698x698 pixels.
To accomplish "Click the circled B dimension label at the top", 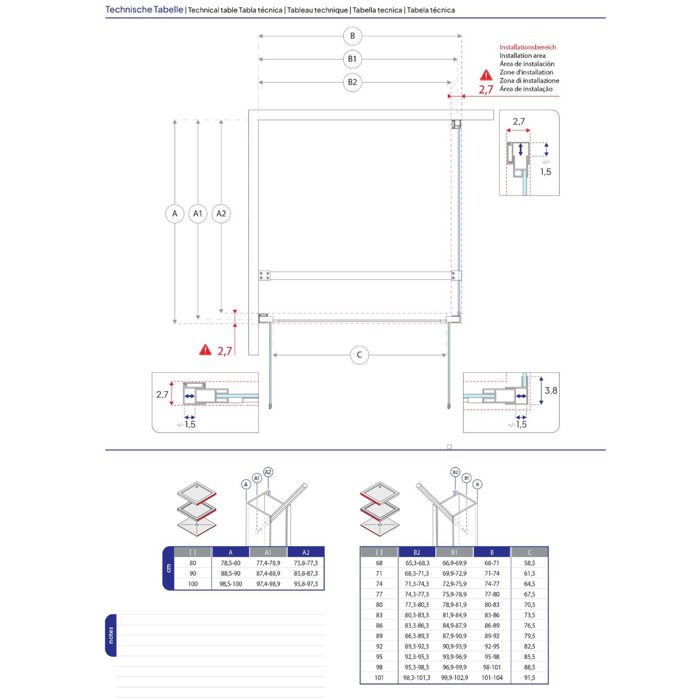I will click(x=352, y=36).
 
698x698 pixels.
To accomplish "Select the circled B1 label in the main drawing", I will click(x=352, y=59).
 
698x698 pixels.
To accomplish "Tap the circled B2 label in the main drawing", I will click(x=352, y=82).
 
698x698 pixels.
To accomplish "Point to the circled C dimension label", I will click(x=359, y=355).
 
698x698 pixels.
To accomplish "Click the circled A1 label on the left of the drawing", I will click(x=198, y=213).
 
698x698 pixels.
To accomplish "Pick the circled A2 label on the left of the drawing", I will click(x=221, y=213).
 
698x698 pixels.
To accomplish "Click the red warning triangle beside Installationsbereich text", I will click(x=486, y=76).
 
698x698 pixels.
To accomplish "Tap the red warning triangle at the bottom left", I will click(x=205, y=350).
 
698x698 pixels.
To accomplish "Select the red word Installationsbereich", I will click(x=528, y=47).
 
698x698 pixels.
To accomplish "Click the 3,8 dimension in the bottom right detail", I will click(x=551, y=391).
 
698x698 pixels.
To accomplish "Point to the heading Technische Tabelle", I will click(x=144, y=10).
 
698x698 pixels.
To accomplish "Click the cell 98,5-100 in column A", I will click(x=230, y=584).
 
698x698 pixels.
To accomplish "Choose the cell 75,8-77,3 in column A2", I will click(x=306, y=563).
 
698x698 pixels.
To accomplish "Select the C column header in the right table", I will click(x=529, y=553).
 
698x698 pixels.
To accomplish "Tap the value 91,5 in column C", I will click(x=529, y=678).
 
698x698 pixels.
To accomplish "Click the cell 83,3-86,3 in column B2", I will click(x=417, y=626).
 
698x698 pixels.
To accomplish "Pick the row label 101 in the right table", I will click(x=379, y=678).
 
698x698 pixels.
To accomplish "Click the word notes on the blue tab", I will click(x=111, y=635).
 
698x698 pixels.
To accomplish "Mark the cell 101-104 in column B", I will click(x=492, y=678).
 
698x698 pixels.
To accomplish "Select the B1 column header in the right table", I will click(x=454, y=553).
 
